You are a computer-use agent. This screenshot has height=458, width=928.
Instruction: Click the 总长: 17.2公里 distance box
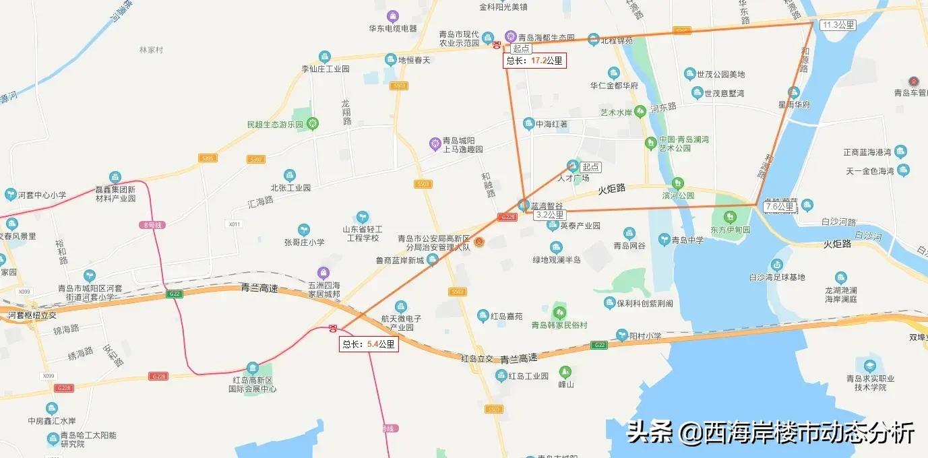(534, 61)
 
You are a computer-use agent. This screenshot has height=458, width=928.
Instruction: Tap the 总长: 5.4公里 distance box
(369, 344)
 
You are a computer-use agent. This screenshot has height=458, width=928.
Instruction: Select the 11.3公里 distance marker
(838, 25)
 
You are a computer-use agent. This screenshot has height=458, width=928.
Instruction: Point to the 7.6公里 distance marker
(779, 207)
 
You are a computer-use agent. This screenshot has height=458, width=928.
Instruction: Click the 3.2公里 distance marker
(549, 215)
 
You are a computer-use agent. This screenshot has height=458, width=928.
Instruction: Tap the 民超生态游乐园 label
(276, 125)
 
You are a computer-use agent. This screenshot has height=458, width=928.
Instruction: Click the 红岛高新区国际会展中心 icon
(253, 368)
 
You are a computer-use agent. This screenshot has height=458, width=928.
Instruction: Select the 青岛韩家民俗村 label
(559, 325)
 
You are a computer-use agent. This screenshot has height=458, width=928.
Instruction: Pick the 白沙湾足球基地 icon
(777, 265)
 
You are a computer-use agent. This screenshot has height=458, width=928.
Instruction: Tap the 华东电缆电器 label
(392, 29)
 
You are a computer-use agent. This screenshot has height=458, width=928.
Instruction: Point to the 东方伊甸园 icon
(729, 218)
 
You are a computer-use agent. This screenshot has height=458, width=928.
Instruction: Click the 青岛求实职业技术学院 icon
(869, 366)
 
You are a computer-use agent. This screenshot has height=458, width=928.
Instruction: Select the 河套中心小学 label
(41, 195)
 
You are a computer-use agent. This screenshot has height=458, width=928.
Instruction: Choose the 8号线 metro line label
(154, 225)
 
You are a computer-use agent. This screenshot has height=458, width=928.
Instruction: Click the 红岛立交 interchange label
(477, 358)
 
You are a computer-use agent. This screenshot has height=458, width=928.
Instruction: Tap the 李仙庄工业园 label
(326, 69)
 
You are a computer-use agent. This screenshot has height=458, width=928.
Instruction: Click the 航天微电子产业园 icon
(401, 306)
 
